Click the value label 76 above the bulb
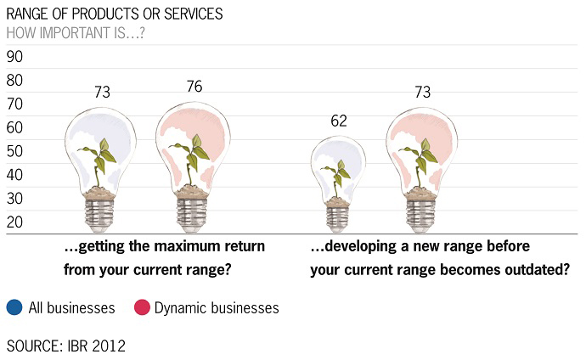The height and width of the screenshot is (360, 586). click(x=194, y=87)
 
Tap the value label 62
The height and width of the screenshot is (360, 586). click(x=339, y=121)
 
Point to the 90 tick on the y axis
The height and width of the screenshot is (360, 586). click(x=14, y=56)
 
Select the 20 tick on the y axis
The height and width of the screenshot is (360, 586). click(x=14, y=222)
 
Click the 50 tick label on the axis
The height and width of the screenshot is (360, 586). click(x=14, y=151)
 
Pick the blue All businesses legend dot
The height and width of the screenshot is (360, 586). click(x=14, y=307)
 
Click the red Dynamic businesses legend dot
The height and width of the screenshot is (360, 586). click(x=142, y=307)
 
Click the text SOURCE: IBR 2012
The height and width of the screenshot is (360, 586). click(x=65, y=346)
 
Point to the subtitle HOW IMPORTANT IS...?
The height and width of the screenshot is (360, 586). click(x=76, y=33)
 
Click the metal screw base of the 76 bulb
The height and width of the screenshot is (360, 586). click(x=192, y=215)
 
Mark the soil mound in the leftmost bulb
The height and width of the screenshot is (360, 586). click(x=99, y=193)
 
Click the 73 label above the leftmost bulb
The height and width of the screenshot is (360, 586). click(x=102, y=92)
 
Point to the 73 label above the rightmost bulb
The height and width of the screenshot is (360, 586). click(x=423, y=92)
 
